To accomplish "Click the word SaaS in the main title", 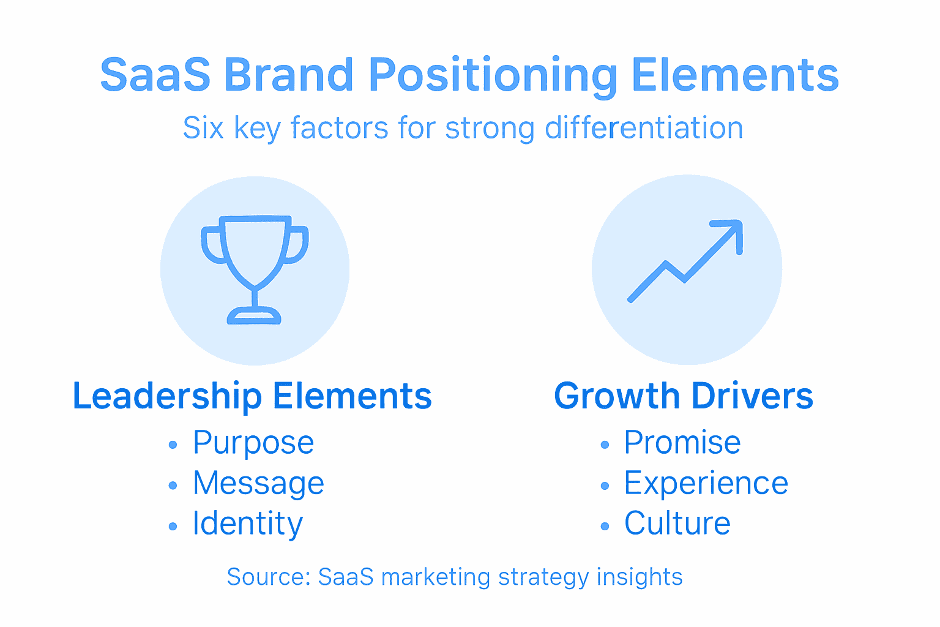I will [x=155, y=75].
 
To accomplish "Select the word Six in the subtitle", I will [x=203, y=129].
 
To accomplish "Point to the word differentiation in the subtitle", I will [x=644, y=129].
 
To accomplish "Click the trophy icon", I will [x=255, y=263].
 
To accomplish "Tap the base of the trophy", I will [x=254, y=317].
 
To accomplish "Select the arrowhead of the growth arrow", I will [x=732, y=232].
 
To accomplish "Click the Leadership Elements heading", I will [x=252, y=396].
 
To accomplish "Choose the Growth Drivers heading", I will [x=684, y=396].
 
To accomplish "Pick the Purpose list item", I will [x=253, y=443].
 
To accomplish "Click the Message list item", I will [x=258, y=483].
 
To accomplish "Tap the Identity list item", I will [x=248, y=524].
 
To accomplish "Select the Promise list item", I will [x=682, y=443].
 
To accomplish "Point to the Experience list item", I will [x=706, y=483].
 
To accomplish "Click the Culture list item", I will [x=677, y=524].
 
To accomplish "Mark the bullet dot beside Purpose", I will [x=173, y=445].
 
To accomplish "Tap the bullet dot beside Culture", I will [x=605, y=526].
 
